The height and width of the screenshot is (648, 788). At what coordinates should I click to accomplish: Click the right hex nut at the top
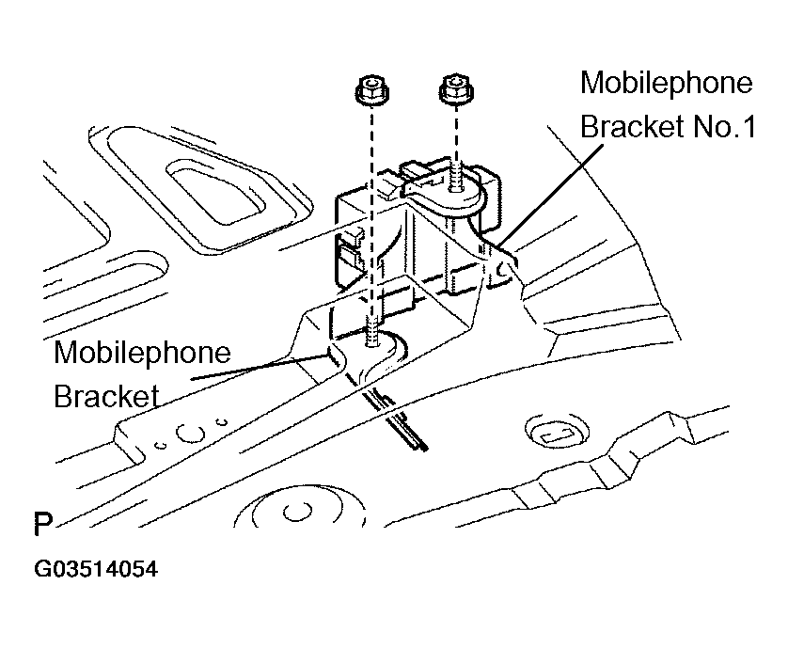pyautogui.click(x=453, y=90)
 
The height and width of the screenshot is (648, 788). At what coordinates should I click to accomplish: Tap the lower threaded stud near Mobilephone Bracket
pyautogui.click(x=373, y=334)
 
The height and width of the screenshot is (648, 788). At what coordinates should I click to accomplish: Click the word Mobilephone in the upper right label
pyautogui.click(x=666, y=83)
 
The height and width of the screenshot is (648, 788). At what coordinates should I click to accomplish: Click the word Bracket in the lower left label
pyautogui.click(x=105, y=395)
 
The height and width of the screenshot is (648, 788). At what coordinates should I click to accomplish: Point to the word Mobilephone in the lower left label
pyautogui.click(x=141, y=354)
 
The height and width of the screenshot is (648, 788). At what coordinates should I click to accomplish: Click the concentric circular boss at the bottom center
pyautogui.click(x=299, y=511)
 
